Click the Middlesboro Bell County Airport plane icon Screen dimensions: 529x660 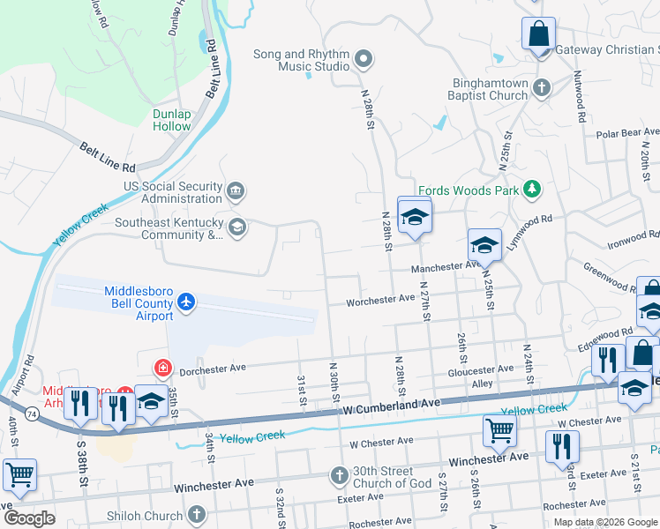pos(185,302)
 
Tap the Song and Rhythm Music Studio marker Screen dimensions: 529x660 pos(364,60)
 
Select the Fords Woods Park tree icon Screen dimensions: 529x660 pos(531,189)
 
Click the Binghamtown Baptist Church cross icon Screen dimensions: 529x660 pos(542,87)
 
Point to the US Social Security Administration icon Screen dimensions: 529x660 pos(236,191)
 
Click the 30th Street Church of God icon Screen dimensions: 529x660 pos(339,477)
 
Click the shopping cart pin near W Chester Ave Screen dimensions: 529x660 pos(499,431)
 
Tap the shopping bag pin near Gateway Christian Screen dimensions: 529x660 pos(537,34)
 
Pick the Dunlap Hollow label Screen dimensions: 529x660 pos(171,120)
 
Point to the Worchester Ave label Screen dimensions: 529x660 pos(380,299)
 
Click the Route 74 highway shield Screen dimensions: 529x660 pos(32,413)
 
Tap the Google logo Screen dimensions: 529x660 pos(29,518)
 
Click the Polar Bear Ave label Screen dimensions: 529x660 pos(627,133)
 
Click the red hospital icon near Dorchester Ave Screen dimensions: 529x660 pos(162,367)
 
